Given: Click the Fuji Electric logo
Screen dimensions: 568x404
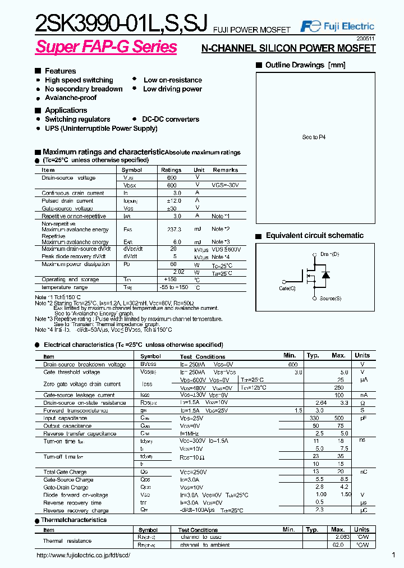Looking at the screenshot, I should pos(337,26).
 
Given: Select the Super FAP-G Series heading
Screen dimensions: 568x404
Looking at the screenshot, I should pos(106,47).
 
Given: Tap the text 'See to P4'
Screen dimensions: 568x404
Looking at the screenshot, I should pos(314,137).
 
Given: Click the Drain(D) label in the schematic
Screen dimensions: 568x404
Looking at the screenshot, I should pos(329,255).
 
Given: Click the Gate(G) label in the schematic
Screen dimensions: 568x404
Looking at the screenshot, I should pos(287,288).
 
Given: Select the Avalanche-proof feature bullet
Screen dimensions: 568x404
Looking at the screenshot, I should pos(71,98).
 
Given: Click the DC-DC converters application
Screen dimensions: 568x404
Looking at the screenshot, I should pos(171,120).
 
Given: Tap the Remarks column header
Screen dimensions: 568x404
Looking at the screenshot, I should pos(225,170).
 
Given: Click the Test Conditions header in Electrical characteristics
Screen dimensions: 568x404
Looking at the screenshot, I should pos(203,356).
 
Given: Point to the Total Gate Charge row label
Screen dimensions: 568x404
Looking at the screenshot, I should pos(65,472).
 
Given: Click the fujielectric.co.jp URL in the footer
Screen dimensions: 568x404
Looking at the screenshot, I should pos(83,555).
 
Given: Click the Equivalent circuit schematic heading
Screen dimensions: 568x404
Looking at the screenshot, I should pos(314,236).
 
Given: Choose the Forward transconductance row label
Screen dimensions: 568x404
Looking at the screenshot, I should pos(76,411).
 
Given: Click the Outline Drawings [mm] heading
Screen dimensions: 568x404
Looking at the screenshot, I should pos(305,65).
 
